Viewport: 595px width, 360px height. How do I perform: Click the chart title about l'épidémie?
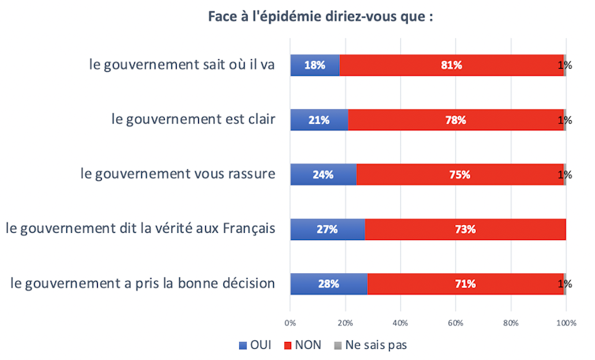coord(320,17)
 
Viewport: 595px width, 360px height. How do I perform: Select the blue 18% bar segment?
coord(315,65)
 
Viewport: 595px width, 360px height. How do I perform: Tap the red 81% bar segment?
coord(451,65)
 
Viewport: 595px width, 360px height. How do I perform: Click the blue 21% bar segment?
coord(319,120)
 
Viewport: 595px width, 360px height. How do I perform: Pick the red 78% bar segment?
coord(455,120)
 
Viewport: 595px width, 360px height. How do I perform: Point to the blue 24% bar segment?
coord(323,174)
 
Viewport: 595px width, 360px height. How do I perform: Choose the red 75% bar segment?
coord(460,174)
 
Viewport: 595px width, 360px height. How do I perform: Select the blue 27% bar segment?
coord(327,229)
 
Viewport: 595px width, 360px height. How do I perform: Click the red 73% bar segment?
coord(465,229)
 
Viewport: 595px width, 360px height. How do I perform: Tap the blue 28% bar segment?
coord(328,283)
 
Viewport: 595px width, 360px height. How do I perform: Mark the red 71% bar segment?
coord(465,283)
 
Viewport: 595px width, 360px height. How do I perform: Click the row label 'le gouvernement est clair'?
coord(193,120)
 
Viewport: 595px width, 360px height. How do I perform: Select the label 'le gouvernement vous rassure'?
coord(178,174)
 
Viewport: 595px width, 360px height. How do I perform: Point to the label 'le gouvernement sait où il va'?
coord(182,65)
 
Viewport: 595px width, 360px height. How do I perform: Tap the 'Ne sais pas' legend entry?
coord(369,345)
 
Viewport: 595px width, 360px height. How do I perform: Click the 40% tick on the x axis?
coord(400,322)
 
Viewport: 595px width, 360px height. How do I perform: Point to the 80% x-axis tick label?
coord(511,322)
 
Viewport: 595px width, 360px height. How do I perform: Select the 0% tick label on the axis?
coord(290,322)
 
